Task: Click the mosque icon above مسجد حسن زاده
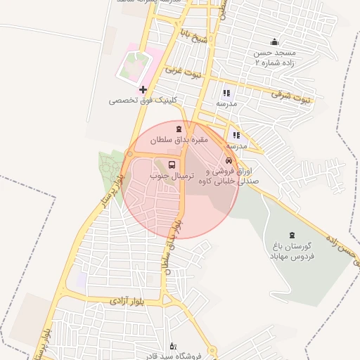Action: tap(274, 41)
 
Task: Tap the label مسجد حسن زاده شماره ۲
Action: tap(270, 58)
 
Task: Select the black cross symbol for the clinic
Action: tap(143, 89)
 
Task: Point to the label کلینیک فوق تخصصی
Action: tap(143, 101)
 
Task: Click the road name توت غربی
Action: tap(184, 71)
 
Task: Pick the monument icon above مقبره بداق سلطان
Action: tap(178, 129)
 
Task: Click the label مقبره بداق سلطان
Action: tap(177, 140)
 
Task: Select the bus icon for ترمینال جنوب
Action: tap(173, 166)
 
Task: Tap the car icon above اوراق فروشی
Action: tap(229, 162)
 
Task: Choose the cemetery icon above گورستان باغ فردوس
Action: tap(292, 234)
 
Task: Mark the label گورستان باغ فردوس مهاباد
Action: tap(292, 251)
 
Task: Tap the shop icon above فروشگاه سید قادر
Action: tap(173, 345)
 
